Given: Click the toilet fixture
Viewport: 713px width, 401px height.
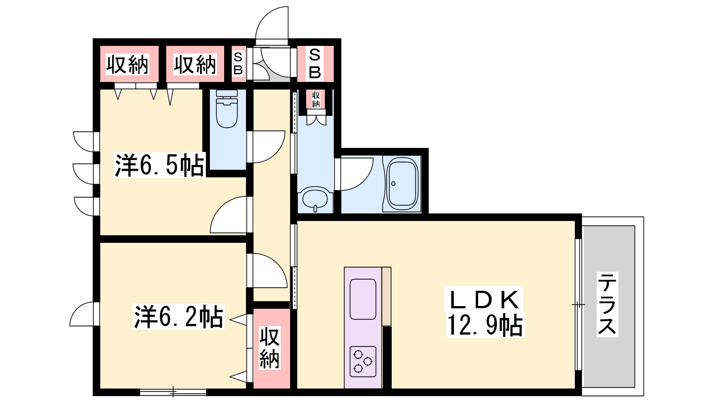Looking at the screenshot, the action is pos(227,109).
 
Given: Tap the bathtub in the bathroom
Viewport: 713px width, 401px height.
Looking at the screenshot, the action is pos(402,184).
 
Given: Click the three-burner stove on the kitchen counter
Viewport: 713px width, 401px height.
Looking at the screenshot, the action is pos(363,361).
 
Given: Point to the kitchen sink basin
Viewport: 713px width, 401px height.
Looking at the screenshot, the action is pos(363,299).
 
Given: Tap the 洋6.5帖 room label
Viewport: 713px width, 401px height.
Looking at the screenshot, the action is pos(159,165).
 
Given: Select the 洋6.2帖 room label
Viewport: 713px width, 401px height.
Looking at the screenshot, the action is pos(178,317).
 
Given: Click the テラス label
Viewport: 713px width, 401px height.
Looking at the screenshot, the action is pos(607,305).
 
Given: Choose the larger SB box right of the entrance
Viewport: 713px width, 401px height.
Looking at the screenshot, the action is pos(315,64).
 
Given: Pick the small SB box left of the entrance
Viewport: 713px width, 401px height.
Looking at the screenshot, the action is pos(238,64).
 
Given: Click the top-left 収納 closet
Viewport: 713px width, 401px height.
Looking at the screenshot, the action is pos(129,64).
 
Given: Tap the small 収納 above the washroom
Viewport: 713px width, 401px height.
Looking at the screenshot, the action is pos(316,99).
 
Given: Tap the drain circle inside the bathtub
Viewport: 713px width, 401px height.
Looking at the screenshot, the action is pos(393,184).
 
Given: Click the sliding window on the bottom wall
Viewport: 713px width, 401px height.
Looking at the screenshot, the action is pos(173,392).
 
